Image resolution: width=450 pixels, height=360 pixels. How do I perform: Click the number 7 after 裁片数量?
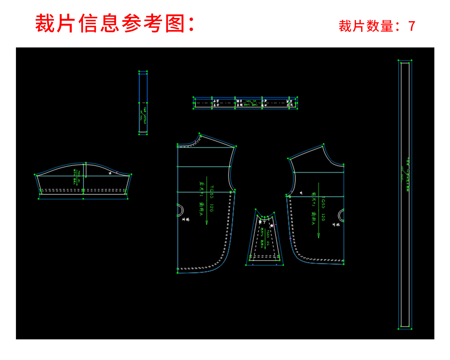pos(412,26)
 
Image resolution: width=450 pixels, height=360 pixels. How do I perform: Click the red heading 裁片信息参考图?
pos(115,23)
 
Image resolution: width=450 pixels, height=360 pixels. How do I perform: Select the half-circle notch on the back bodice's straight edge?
pos(180,210)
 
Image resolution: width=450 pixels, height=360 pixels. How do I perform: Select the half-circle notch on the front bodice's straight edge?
pos(341,215)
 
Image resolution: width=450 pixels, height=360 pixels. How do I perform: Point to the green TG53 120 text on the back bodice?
pos(211,198)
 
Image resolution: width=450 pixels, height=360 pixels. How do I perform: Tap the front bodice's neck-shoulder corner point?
pos(323,144)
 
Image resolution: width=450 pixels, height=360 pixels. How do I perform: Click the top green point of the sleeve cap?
pos(86,163)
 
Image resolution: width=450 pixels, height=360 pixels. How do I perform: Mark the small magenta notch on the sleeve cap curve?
pos(117,172)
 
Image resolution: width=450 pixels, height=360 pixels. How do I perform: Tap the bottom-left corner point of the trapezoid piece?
pos(246,265)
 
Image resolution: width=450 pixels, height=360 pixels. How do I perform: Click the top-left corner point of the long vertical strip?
pos(398,60)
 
